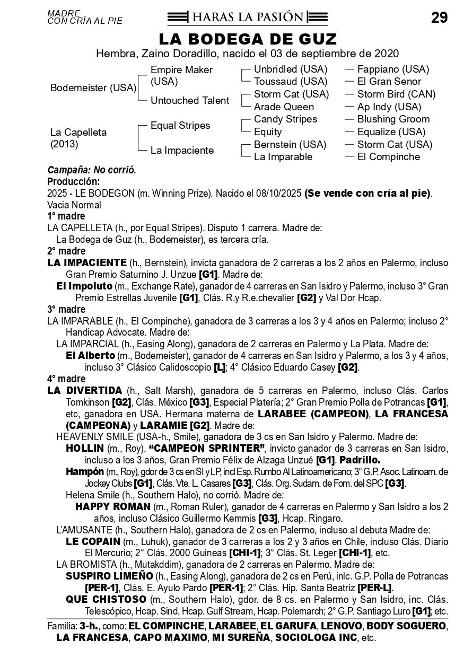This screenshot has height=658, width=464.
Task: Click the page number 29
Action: [439, 18]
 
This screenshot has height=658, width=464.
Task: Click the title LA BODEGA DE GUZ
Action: [248, 39]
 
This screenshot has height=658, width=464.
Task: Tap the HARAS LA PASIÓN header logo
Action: [247, 17]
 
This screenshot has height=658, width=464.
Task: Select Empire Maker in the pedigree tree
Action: [181, 70]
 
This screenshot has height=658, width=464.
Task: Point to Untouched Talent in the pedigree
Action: [190, 101]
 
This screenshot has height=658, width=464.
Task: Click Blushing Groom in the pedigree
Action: [393, 119]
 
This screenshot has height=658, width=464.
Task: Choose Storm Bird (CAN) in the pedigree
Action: [396, 94]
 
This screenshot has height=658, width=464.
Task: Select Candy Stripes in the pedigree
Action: [285, 119]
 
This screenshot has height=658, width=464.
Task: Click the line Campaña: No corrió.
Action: [92, 170]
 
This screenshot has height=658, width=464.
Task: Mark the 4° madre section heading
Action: [66, 379]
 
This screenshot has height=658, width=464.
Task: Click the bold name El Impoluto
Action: [84, 286]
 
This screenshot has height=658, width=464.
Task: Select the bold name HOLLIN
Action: [84, 448]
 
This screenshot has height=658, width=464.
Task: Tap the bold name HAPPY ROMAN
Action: [112, 506]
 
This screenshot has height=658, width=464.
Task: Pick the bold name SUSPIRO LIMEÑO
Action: [109, 576]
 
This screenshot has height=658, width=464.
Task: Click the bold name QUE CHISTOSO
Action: [106, 599]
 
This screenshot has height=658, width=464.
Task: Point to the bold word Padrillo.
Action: [360, 460]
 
